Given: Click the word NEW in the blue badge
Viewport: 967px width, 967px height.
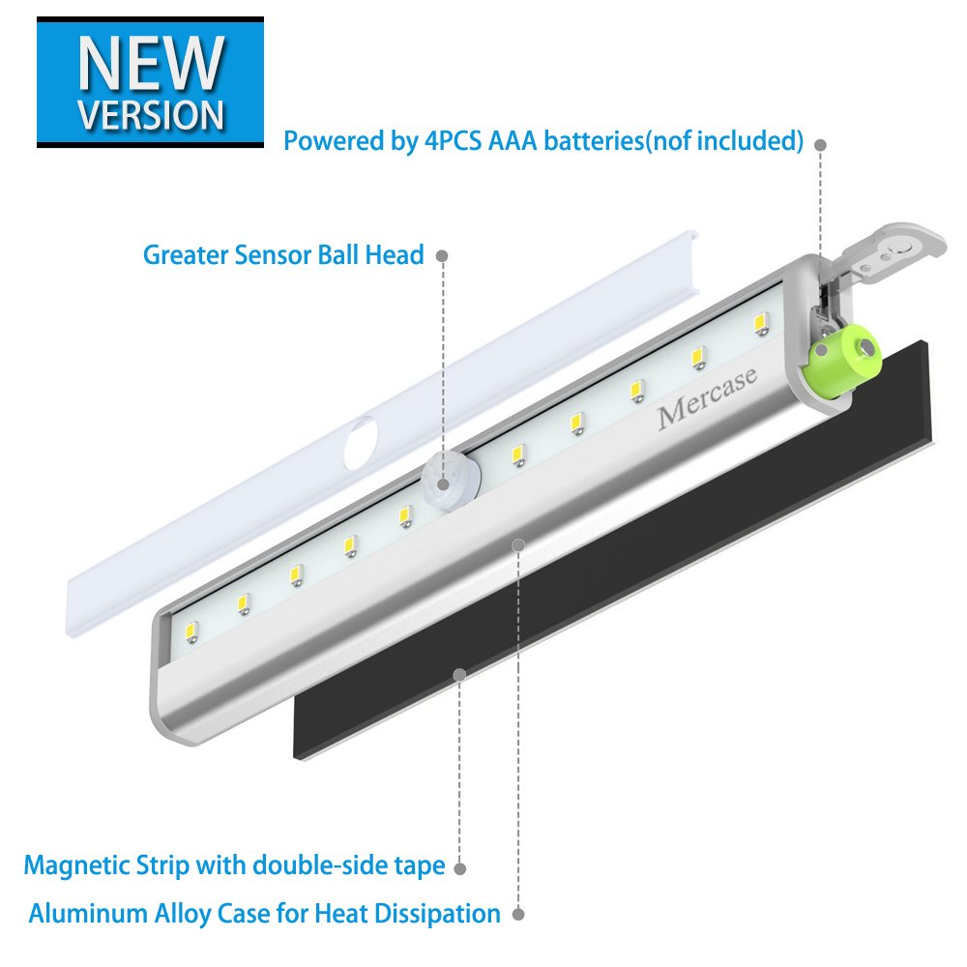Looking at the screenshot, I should (150, 63).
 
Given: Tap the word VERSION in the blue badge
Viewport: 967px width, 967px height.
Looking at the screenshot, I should (151, 113).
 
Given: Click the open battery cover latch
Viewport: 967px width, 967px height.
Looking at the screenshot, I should (890, 249).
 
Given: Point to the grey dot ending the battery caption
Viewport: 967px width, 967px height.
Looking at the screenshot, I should (820, 144).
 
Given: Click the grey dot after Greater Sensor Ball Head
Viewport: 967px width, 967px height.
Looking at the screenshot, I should (442, 256).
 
